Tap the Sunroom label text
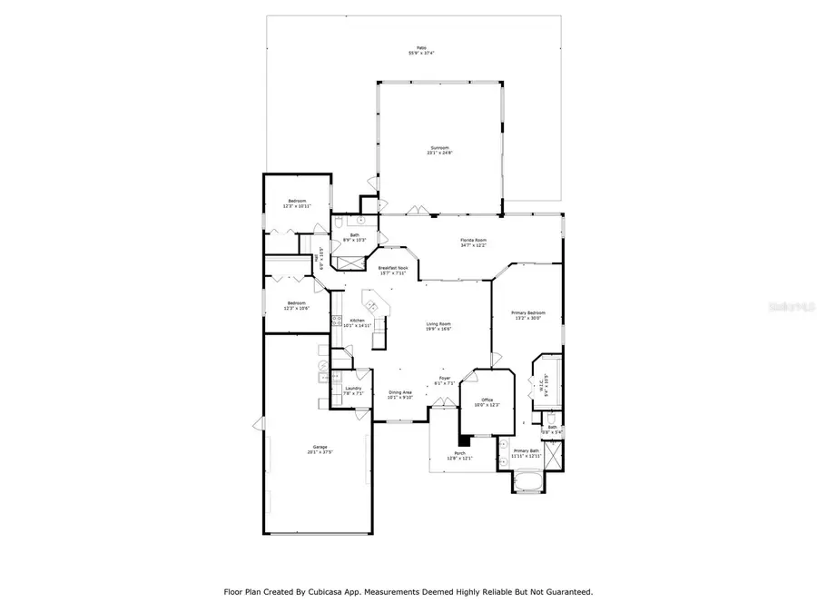click(440, 148)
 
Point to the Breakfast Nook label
click(393, 268)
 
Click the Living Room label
click(439, 324)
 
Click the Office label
click(487, 400)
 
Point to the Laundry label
click(354, 389)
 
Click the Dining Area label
click(400, 392)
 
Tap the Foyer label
click(445, 378)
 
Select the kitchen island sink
click(369, 300)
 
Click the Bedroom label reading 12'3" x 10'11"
click(298, 200)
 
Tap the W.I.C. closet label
click(543, 383)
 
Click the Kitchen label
click(358, 320)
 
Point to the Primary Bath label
click(527, 450)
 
